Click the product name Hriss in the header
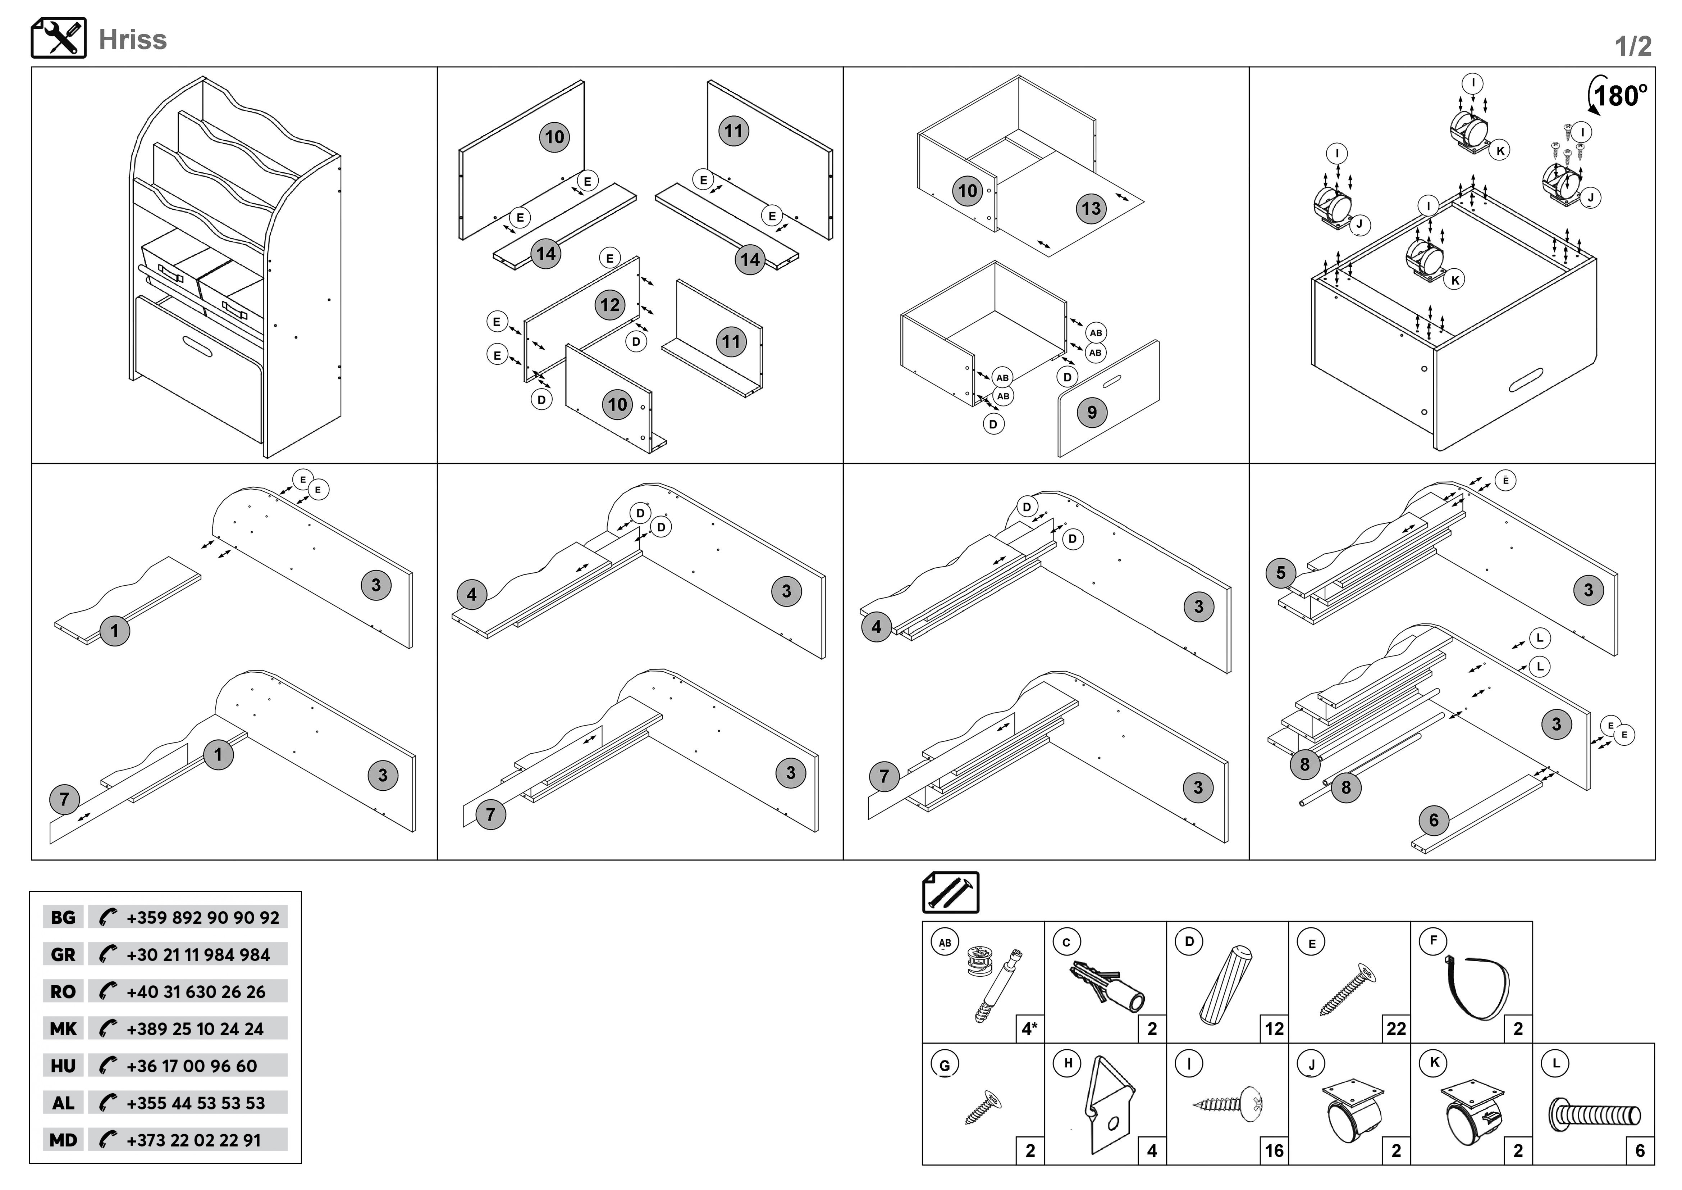point(133,40)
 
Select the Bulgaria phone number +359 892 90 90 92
point(202,917)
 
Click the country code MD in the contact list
point(63,1140)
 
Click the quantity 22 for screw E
point(1396,1029)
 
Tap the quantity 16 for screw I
point(1275,1151)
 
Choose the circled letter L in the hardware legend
point(1555,1063)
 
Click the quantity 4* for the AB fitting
point(1029,1029)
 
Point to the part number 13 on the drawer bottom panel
point(1092,209)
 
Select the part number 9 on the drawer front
point(1092,413)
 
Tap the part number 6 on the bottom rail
point(1434,821)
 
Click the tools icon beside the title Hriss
point(59,38)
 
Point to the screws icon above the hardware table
point(950,892)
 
